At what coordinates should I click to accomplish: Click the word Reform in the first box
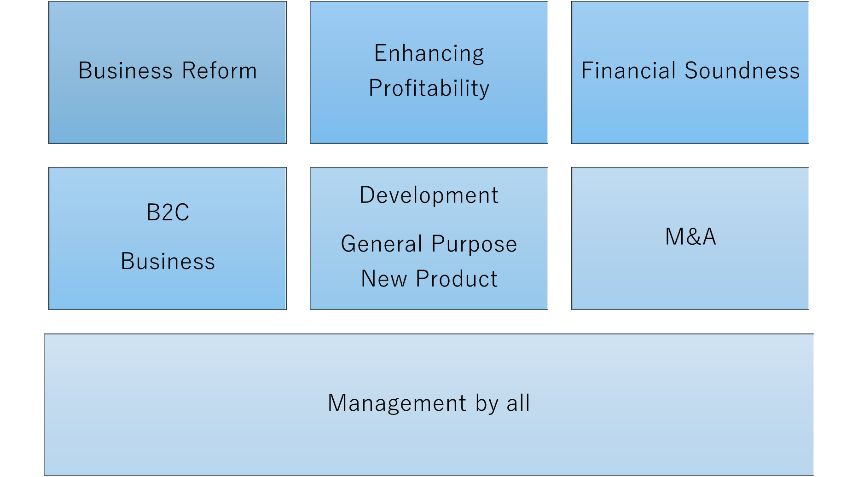(x=220, y=71)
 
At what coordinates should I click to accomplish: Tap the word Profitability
(x=429, y=88)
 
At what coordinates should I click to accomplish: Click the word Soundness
(x=742, y=71)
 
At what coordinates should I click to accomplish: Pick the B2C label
(x=168, y=213)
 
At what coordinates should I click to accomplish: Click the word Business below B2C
(x=168, y=261)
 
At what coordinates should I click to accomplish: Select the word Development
(x=429, y=195)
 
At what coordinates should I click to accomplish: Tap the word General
(x=382, y=244)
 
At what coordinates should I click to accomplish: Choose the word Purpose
(x=474, y=244)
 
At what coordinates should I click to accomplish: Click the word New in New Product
(x=384, y=279)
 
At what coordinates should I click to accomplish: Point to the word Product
(x=457, y=279)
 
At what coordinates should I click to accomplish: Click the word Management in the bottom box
(x=397, y=403)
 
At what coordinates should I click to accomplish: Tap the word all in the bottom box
(x=518, y=403)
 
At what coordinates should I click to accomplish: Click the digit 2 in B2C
(x=167, y=213)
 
